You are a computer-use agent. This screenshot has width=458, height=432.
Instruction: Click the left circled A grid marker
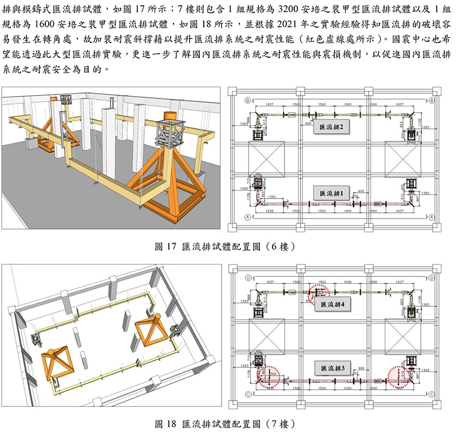click(247, 217)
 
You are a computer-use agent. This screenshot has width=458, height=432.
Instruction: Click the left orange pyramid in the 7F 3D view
click(56, 361)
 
